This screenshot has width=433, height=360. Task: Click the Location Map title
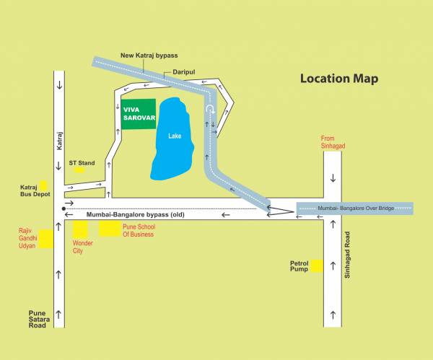(339, 79)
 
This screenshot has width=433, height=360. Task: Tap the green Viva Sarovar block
(138, 114)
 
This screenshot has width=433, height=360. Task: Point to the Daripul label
(184, 72)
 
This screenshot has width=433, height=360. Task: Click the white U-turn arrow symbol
(210, 110)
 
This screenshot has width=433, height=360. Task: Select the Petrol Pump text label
(299, 266)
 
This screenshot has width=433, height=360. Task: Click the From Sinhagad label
(333, 142)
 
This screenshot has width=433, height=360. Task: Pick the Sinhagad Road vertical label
(347, 257)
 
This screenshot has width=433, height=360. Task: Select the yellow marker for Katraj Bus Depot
(43, 185)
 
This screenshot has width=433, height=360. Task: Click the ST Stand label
(82, 163)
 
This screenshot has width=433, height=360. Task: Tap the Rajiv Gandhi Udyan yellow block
(46, 239)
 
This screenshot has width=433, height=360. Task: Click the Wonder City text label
(83, 247)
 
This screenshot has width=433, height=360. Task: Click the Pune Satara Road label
(37, 320)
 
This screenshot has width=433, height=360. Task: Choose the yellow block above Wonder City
(80, 230)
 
